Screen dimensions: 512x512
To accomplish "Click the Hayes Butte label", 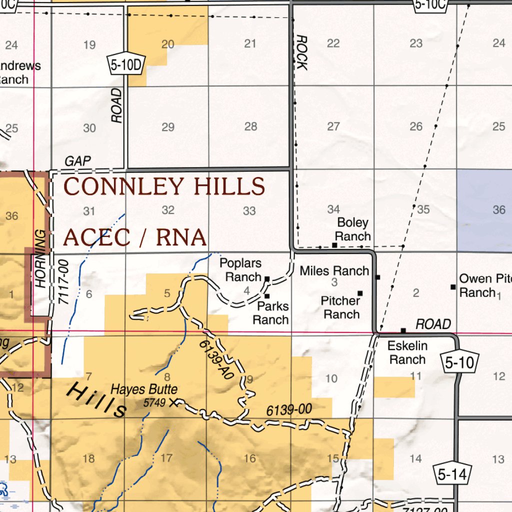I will pos(144,389).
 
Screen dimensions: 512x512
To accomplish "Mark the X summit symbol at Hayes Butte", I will pos(173,402).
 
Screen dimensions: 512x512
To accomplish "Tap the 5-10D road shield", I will pos(125,64).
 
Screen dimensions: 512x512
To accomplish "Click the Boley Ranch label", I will pos(353,229).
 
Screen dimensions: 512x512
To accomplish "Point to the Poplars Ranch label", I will pos(240,269).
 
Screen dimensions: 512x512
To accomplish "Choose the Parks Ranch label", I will pos(270,312).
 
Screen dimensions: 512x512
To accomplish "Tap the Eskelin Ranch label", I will pos(407,352).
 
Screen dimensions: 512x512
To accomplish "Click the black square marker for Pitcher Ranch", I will pos(359,293).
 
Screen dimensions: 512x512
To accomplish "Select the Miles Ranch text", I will pos(334,271).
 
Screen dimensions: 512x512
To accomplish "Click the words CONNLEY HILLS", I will pos(164,187).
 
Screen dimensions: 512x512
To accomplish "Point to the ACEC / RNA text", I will pos(135,237).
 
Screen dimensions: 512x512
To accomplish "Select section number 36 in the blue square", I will pos(498,210).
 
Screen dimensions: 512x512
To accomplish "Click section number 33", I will pos(249,211).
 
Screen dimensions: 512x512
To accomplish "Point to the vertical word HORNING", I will pos(40,258).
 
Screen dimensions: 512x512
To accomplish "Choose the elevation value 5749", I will pos(154,402).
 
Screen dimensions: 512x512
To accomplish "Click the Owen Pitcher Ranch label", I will pos(484,285).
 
